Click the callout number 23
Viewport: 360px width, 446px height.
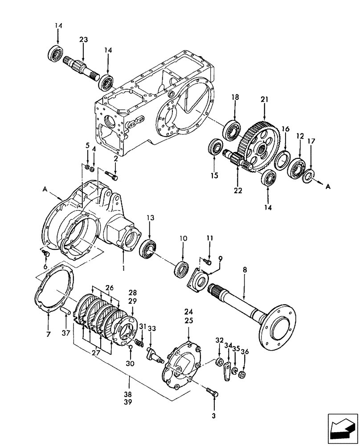point(84,39)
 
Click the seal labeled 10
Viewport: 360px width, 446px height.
point(182,270)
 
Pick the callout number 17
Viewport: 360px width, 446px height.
point(311,141)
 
